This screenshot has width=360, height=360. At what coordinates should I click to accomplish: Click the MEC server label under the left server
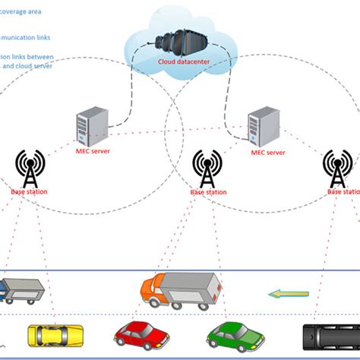pyautogui.click(x=91, y=152)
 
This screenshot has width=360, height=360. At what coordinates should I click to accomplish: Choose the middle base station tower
pyautogui.click(x=207, y=168)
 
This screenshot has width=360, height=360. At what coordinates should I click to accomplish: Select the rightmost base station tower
pyautogui.click(x=336, y=168)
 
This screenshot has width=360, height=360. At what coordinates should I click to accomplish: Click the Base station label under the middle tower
pyautogui.click(x=207, y=192)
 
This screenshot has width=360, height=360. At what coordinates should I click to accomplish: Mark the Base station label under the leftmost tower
pyautogui.click(x=29, y=191)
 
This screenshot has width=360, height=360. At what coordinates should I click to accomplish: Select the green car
pyautogui.click(x=235, y=335)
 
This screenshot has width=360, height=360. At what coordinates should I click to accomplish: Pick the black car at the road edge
pyautogui.click(x=330, y=336)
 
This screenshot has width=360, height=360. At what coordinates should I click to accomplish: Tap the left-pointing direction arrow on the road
pyautogui.click(x=289, y=292)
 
